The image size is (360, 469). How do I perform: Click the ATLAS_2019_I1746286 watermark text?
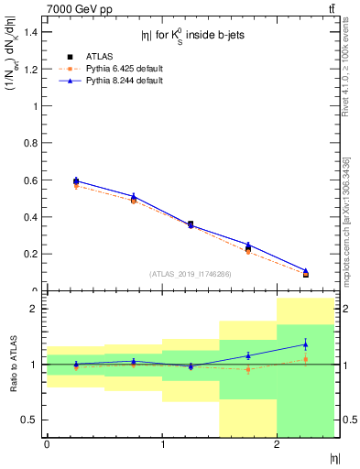pyautogui.click(x=190, y=274)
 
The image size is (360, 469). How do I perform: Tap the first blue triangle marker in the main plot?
pyautogui.click(x=76, y=180)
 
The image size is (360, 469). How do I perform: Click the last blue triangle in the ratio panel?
pyautogui.click(x=305, y=344)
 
